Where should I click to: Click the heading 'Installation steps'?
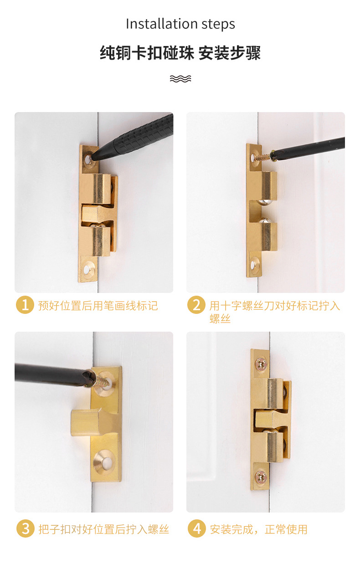180,24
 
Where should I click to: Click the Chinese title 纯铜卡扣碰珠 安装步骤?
180,53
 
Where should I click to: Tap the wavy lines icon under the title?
180,79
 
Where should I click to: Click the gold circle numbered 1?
25,305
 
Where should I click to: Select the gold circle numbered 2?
196,305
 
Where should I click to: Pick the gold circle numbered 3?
25,529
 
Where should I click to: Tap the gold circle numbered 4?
196,529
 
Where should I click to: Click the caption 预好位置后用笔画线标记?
98,305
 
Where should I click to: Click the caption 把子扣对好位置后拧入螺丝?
103,529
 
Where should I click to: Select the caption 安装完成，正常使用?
258,529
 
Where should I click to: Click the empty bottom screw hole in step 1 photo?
87,269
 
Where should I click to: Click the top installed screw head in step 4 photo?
260,363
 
